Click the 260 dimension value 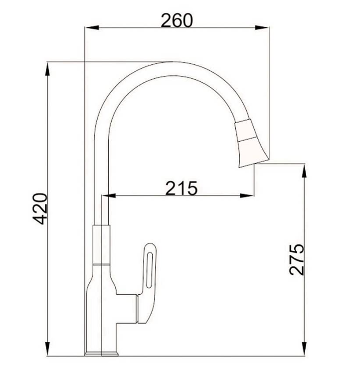click(177, 20)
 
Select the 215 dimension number click(181, 188)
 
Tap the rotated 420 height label click(40, 209)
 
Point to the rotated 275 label click(297, 259)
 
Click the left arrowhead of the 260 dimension click(92, 27)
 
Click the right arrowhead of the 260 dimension click(262, 27)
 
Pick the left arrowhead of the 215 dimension click(108, 195)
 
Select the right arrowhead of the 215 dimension click(247, 195)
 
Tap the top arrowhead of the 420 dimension click(47, 69)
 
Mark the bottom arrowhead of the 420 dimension click(47, 349)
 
